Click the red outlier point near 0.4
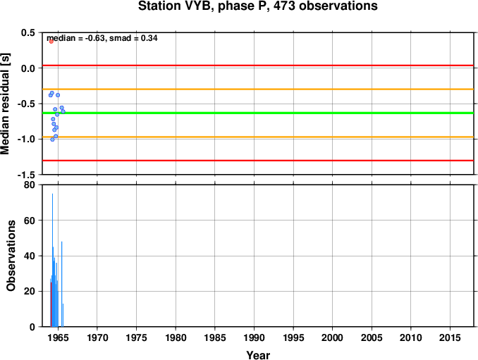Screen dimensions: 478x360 tap(51, 42)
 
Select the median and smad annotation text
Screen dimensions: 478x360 tap(102, 38)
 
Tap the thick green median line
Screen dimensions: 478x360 tap(258, 113)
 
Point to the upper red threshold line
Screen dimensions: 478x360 tap(258, 66)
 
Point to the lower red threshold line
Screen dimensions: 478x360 tap(258, 161)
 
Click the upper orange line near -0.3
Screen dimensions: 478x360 tap(258, 89)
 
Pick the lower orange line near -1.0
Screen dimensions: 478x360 tap(258, 137)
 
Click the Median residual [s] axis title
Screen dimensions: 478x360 tap(5, 104)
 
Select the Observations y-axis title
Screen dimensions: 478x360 tap(11, 256)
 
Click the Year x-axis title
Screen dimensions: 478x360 tap(258, 355)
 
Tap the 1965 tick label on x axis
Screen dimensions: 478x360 tap(58, 337)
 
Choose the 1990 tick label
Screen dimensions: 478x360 tap(255, 337)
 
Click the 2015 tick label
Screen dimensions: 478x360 tap(450, 337)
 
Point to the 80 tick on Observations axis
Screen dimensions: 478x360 tap(30, 185)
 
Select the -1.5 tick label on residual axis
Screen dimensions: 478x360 tap(26, 175)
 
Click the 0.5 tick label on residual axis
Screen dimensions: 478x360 tap(28, 32)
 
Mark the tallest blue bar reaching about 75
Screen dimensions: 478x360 tap(52, 260)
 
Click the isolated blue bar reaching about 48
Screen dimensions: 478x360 tap(62, 284)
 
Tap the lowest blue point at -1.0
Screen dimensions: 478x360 tap(52, 139)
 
